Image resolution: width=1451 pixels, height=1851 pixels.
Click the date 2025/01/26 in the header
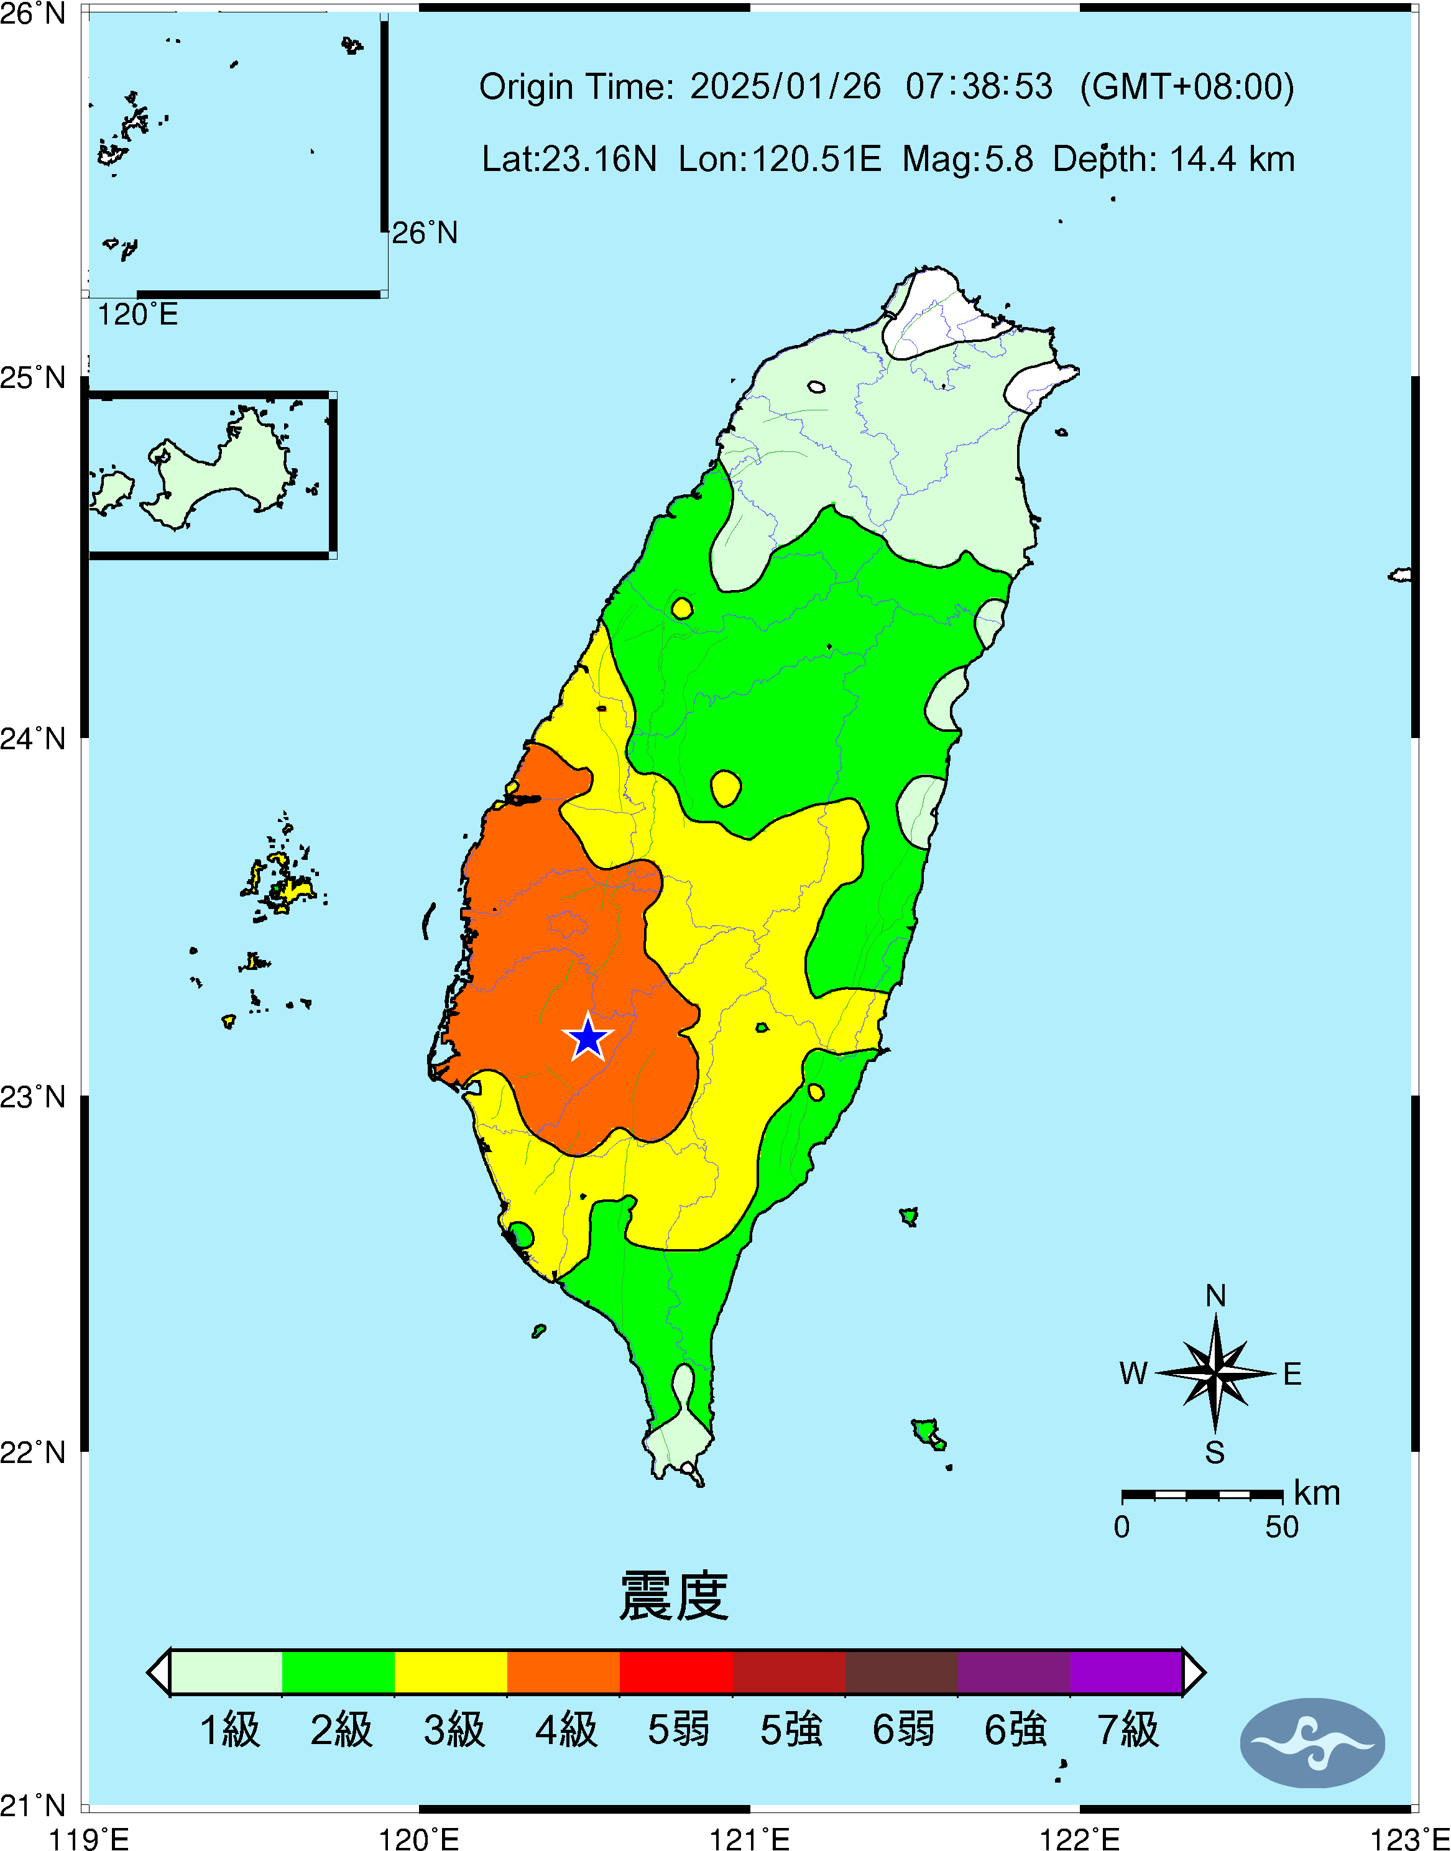[785, 86]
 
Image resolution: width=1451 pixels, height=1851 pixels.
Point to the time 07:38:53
[979, 86]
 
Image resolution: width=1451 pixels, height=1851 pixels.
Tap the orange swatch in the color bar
[563, 1672]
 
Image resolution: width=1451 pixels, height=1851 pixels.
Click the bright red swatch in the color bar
[676, 1672]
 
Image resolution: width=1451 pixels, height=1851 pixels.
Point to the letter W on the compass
[1133, 1373]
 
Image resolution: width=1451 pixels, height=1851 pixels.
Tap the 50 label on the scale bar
[1281, 1527]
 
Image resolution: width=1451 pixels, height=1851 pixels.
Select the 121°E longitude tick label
[749, 1839]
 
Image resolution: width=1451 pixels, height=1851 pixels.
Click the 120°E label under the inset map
[137, 315]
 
